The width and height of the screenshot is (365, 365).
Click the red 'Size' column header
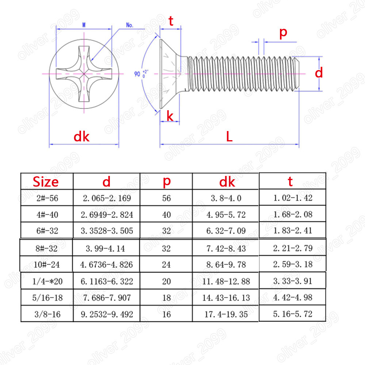tap(46, 181)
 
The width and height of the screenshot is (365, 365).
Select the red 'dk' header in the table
tap(227, 181)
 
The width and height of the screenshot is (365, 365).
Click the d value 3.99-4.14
tap(105, 248)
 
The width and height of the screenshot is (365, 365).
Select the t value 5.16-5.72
tap(293, 314)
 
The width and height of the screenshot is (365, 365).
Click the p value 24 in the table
tap(166, 264)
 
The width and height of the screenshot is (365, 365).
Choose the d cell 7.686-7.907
tap(107, 297)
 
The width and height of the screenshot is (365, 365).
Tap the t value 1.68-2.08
tap(293, 214)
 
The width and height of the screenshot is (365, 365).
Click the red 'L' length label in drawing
tap(229, 137)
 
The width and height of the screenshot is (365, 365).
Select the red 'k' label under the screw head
tap(170, 116)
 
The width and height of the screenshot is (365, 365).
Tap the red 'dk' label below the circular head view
tap(81, 137)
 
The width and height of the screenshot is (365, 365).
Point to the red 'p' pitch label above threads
tap(283, 33)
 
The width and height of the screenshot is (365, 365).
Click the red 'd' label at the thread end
tap(319, 73)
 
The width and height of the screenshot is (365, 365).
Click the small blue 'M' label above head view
tap(84, 25)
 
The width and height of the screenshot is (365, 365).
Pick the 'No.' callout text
tap(130, 25)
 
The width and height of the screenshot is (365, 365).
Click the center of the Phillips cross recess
tap(84, 73)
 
